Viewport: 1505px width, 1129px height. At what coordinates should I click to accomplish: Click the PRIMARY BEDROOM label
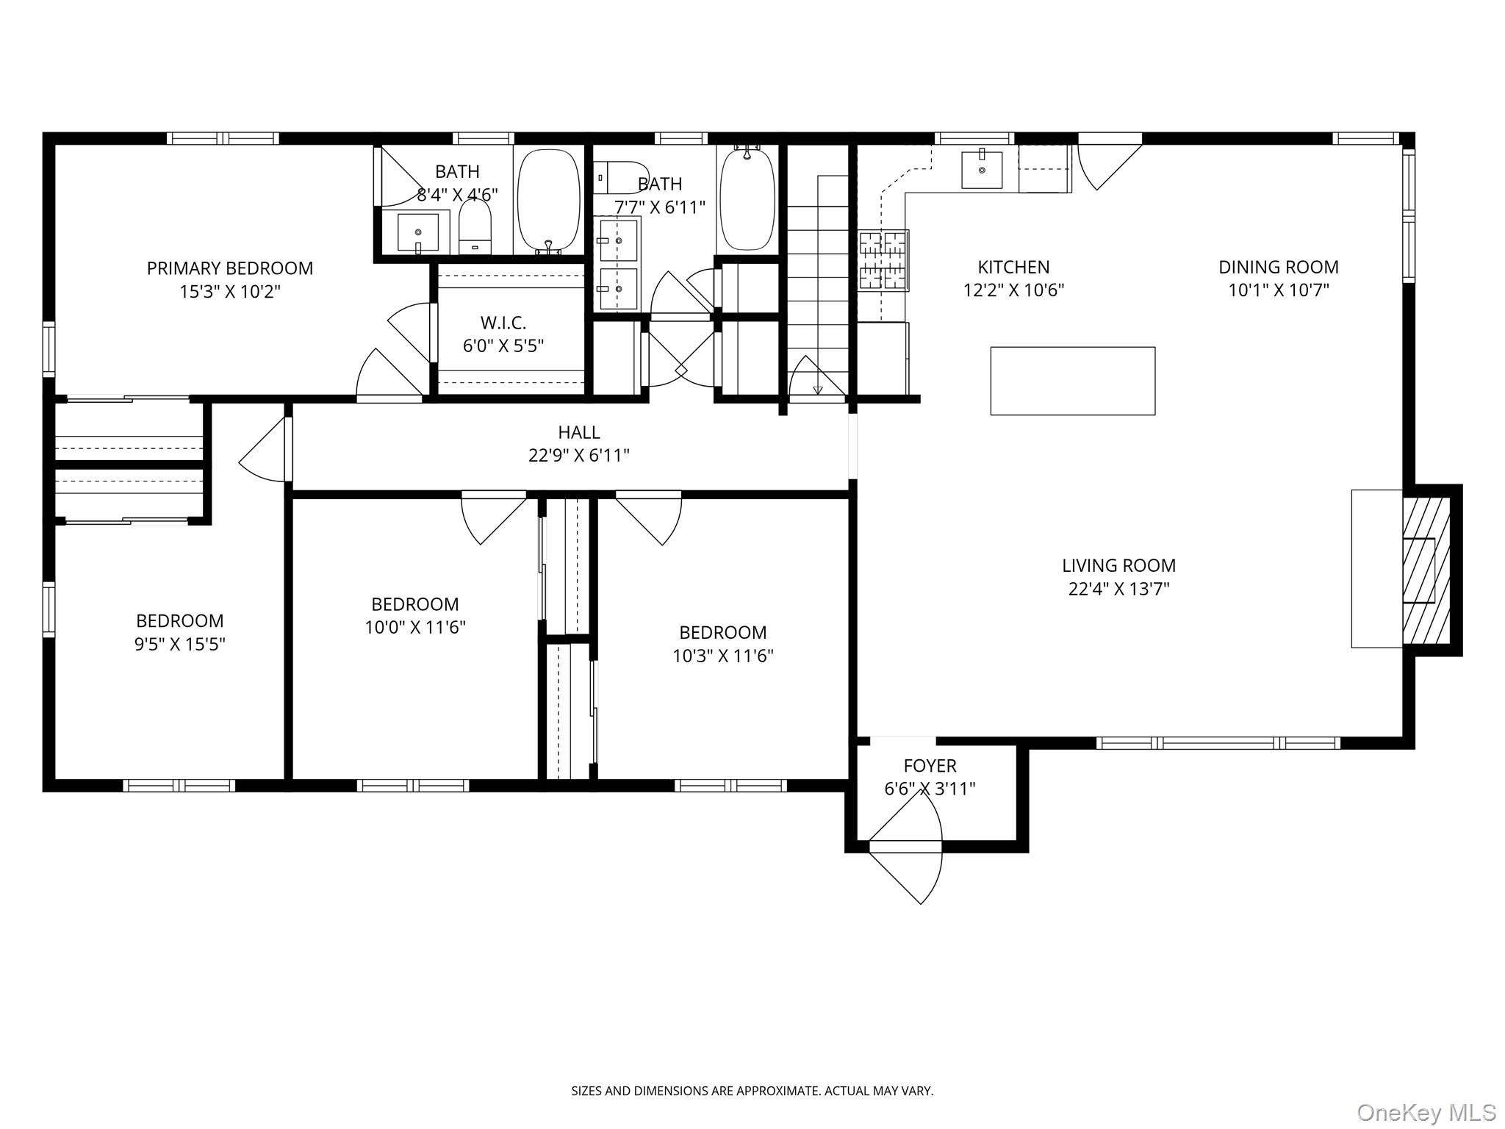pos(229,268)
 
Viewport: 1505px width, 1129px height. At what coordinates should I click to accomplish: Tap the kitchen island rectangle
pos(1072,381)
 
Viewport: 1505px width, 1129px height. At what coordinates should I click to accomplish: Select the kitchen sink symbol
pos(982,170)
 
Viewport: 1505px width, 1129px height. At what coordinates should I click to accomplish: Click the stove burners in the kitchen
pos(883,260)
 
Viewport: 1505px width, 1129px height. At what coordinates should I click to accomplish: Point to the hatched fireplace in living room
pos(1426,570)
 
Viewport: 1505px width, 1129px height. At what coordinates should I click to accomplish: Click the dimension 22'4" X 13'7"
pos(1118,589)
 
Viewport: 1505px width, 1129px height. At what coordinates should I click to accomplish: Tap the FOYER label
pos(930,765)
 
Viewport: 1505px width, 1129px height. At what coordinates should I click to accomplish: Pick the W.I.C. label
pos(503,323)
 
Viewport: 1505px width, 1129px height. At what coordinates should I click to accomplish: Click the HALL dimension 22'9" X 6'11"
pos(578,456)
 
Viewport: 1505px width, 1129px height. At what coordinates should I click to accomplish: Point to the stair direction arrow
pos(817,390)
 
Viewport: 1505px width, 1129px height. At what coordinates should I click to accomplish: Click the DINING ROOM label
pos(1278,267)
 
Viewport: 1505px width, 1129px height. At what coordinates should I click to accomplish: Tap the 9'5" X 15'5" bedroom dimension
pos(179,645)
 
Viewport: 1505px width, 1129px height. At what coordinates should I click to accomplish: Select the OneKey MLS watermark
pos(1426,1112)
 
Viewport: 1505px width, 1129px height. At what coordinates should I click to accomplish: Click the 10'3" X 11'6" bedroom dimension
pos(722,656)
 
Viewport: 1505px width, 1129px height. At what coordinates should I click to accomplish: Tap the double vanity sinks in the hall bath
pos(617,265)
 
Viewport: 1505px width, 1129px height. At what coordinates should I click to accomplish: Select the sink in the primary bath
pos(417,233)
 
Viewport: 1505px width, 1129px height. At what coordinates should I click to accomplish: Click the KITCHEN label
pos(1013,267)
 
